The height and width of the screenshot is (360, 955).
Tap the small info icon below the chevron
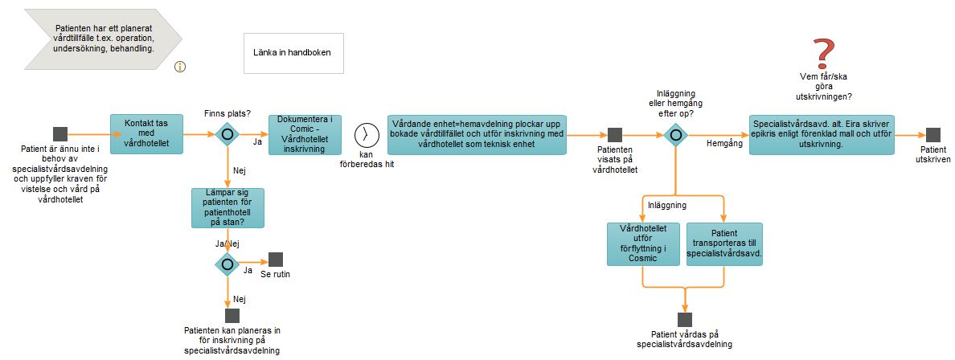pos(180,67)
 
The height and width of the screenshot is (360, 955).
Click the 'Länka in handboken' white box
pos(293,53)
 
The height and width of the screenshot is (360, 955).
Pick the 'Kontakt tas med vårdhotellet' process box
pos(147,134)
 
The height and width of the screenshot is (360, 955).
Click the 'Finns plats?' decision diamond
pos(227,134)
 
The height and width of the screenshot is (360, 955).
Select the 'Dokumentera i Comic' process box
pos(305,134)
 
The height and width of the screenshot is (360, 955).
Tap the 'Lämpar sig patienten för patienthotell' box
pos(227,207)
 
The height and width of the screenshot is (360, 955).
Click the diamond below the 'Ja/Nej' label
pos(227,264)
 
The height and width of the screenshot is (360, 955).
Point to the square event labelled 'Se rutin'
pos(276,260)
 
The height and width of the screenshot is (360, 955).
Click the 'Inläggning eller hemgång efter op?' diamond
pos(675,134)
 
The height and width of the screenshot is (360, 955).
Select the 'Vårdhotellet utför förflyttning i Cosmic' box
pos(643,244)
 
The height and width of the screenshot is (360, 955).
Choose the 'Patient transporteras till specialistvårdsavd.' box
pos(724,244)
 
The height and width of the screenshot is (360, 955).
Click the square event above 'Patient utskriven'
pos(933,135)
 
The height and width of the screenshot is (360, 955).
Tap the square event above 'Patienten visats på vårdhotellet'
pos(615,135)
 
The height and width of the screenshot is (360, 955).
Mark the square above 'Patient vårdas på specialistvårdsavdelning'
pos(685,320)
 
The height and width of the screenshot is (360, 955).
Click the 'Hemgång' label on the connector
pos(723,143)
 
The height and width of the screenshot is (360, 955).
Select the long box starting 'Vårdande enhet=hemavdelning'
pos(477,134)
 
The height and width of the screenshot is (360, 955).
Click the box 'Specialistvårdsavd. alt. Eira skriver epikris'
pos(822,134)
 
